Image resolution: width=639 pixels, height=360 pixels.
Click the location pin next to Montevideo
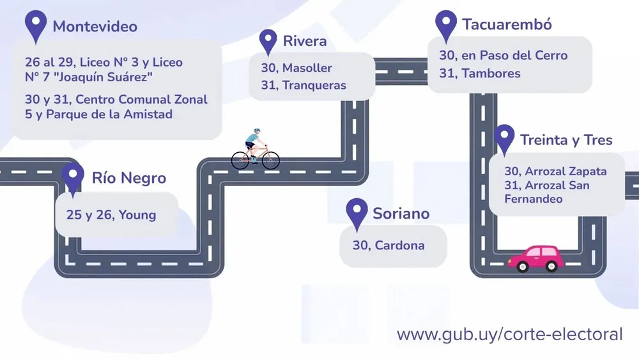coord(35,26)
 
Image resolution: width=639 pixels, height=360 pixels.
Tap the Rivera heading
coord(305,41)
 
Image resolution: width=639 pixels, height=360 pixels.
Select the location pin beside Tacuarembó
coord(446,26)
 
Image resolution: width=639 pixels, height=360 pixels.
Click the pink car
coord(536,258)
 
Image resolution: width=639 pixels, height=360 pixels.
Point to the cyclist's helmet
coord(256,131)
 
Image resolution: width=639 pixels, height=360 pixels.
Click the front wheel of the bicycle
coord(270,160)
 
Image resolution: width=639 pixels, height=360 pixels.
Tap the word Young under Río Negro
coord(137,215)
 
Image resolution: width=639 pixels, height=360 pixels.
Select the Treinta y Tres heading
coord(566,140)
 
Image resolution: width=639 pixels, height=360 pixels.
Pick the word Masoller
coord(307,68)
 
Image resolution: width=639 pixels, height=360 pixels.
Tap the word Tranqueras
coord(314,85)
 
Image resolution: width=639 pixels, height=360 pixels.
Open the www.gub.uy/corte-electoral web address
coord(510,334)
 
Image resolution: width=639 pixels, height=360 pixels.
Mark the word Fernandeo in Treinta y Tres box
coord(534,199)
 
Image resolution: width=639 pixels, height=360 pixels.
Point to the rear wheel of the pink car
coord(523,267)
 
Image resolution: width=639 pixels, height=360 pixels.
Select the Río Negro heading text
coord(129,178)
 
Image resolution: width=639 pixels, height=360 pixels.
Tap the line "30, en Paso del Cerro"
coord(504,56)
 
